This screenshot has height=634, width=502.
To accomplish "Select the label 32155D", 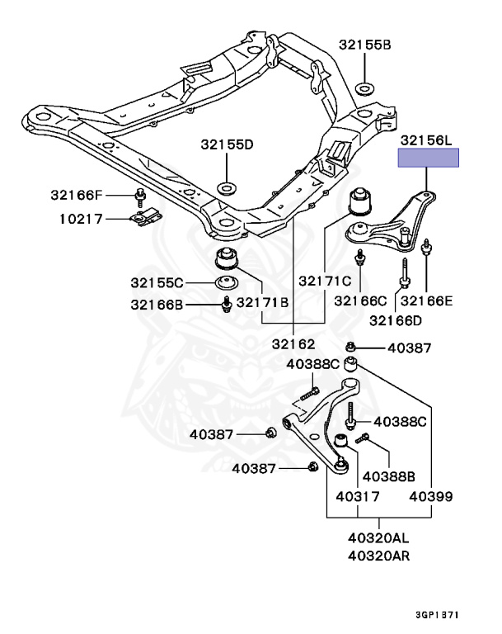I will [x=226, y=144].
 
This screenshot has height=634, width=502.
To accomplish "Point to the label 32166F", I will [x=77, y=196].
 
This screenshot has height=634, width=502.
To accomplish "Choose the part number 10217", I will [x=81, y=220].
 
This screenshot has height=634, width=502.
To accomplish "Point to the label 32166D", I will [x=395, y=320].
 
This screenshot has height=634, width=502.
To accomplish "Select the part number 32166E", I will [x=426, y=301].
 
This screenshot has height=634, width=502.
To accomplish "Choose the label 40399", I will [x=431, y=497].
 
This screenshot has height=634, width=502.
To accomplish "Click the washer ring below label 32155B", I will [x=364, y=88].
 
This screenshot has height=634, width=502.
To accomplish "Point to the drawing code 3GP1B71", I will [x=437, y=615].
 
